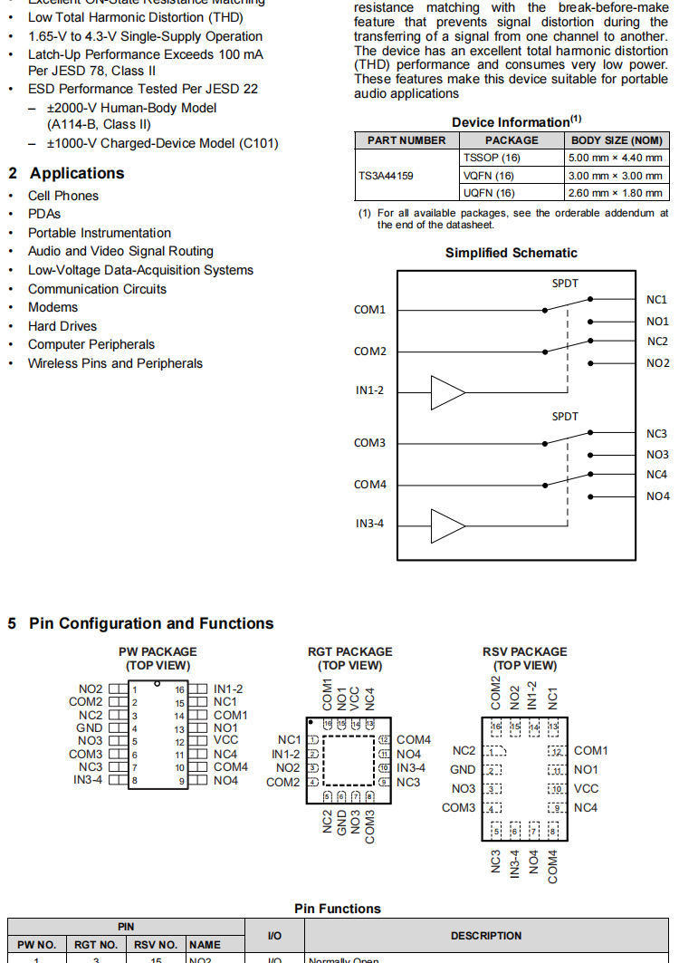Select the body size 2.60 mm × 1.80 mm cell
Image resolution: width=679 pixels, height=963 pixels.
coord(616,193)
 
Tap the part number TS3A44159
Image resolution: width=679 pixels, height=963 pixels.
coord(388,176)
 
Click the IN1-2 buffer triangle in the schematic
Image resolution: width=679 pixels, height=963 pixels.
coord(447,392)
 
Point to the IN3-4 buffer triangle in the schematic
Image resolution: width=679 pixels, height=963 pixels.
coord(447,525)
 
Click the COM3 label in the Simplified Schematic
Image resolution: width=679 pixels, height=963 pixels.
coord(369,443)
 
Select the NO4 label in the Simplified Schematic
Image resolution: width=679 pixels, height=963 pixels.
coord(657,496)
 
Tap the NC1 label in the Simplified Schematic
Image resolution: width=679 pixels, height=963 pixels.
coord(656,300)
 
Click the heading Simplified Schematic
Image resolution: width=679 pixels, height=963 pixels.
coord(511,253)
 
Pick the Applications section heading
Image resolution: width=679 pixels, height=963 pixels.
coord(77,173)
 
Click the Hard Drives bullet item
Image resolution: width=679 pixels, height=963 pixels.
coord(62,326)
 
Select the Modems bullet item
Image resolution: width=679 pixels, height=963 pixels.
coord(53,307)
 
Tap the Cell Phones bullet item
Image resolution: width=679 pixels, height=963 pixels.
coord(63,196)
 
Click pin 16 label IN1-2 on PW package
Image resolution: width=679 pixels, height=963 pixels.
coord(227,689)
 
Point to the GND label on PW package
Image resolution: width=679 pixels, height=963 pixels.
coord(90,727)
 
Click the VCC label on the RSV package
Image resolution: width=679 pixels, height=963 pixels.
coord(586,788)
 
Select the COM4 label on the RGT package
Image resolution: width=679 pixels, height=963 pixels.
coord(414,740)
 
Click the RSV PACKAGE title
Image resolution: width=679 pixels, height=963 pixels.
coord(525,651)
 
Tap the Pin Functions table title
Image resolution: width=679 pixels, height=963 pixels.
coord(338,909)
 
